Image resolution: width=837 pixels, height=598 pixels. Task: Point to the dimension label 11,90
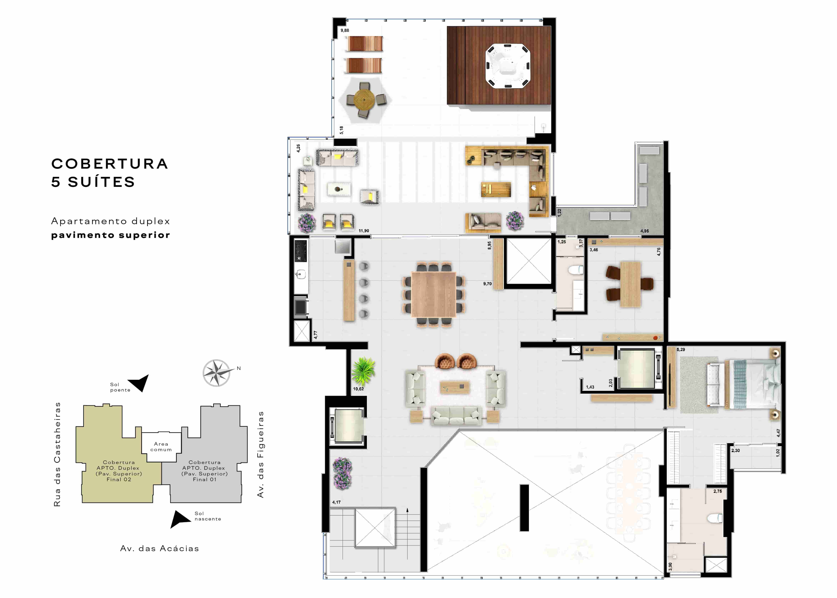pyautogui.click(x=364, y=231)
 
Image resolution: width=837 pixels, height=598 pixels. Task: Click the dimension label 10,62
pyautogui.click(x=358, y=389)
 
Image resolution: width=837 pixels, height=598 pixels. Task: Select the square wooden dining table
pyautogui.click(x=434, y=294)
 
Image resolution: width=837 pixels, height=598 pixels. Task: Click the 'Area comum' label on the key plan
pyautogui.click(x=161, y=447)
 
